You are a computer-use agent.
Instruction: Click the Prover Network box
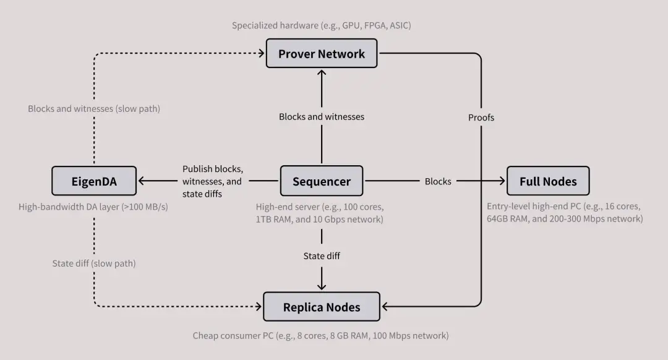[x=322, y=54]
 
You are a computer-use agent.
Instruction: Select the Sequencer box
[x=322, y=181]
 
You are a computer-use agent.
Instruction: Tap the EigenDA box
[x=93, y=181]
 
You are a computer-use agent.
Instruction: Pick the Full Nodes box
[x=548, y=181]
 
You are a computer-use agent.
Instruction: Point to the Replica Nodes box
[x=322, y=307]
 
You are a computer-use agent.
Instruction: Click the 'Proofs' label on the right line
[x=481, y=117]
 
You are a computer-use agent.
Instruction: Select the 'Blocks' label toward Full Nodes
[x=438, y=181]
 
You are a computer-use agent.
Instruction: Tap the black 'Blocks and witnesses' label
[x=322, y=116]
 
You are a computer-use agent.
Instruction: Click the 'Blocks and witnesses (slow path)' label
[x=94, y=109]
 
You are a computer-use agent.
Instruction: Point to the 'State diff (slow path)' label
[x=94, y=264]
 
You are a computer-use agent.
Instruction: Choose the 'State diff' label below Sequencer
[x=322, y=255]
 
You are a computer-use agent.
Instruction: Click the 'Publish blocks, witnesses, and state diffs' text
[x=212, y=181]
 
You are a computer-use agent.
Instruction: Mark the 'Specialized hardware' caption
[x=322, y=25]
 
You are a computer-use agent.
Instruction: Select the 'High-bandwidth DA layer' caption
[x=93, y=207]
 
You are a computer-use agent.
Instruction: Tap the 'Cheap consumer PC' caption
[x=320, y=335]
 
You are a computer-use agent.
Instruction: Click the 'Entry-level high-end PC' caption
[x=565, y=212]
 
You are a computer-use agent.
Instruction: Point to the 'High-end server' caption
[x=320, y=212]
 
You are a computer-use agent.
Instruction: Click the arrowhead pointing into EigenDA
[x=142, y=181]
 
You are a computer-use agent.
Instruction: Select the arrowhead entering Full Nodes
[x=502, y=181]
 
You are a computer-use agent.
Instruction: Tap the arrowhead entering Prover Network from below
[x=322, y=72]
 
